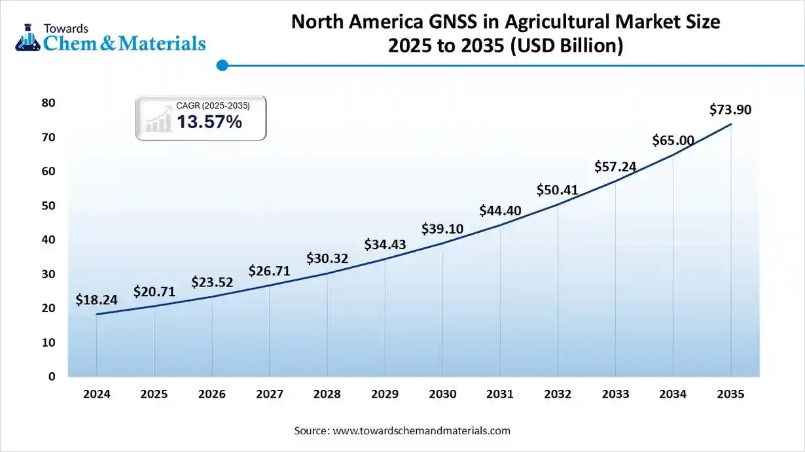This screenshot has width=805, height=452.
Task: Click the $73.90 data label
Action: (x=730, y=110)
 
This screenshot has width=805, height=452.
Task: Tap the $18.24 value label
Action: (x=96, y=300)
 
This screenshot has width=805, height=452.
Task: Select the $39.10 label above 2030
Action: (x=442, y=228)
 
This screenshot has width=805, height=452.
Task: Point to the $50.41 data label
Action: (x=558, y=190)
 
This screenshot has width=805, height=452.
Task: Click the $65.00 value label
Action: (x=673, y=140)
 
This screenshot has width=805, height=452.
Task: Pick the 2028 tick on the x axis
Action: (x=327, y=394)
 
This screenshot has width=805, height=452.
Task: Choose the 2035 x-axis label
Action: (x=730, y=394)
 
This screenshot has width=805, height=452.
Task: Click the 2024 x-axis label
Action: (x=96, y=394)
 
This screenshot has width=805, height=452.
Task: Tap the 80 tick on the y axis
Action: (x=48, y=103)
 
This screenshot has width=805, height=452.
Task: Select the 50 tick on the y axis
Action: (x=48, y=205)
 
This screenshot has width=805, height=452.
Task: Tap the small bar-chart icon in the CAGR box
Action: (x=158, y=121)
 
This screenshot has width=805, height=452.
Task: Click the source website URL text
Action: (x=421, y=430)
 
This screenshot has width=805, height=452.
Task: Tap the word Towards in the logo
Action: (x=65, y=28)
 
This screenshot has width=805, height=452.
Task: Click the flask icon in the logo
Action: (x=27, y=37)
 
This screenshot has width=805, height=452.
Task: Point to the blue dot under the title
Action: (x=222, y=65)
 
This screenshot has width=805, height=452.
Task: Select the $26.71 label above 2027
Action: (x=269, y=270)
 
